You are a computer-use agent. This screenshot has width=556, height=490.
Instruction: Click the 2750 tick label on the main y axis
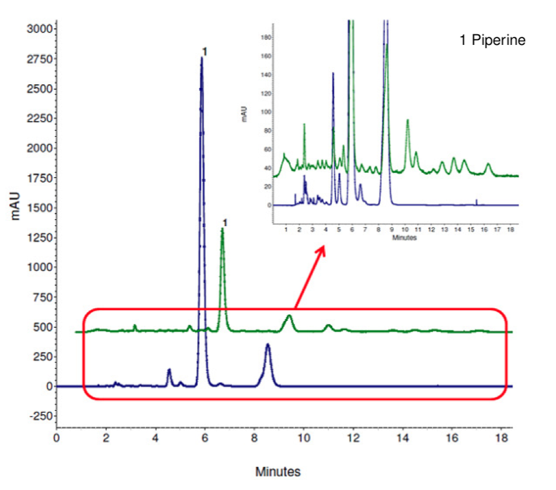40,59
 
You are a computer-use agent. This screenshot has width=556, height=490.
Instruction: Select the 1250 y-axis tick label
40,237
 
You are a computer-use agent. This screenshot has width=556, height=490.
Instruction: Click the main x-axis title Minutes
278,471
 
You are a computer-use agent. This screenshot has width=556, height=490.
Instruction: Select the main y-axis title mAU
16,207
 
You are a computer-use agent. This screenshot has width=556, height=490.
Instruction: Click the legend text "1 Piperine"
492,41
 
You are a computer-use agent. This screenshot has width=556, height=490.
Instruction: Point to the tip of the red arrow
324,246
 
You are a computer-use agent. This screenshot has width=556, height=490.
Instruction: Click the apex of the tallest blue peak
202,58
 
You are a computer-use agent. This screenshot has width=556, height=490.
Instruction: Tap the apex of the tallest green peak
222,229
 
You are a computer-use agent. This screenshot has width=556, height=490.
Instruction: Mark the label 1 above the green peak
225,222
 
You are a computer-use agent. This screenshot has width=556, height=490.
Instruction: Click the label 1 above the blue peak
205,51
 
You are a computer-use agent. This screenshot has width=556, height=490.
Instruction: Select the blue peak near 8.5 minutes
268,345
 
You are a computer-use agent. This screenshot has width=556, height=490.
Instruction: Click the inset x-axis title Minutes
404,237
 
